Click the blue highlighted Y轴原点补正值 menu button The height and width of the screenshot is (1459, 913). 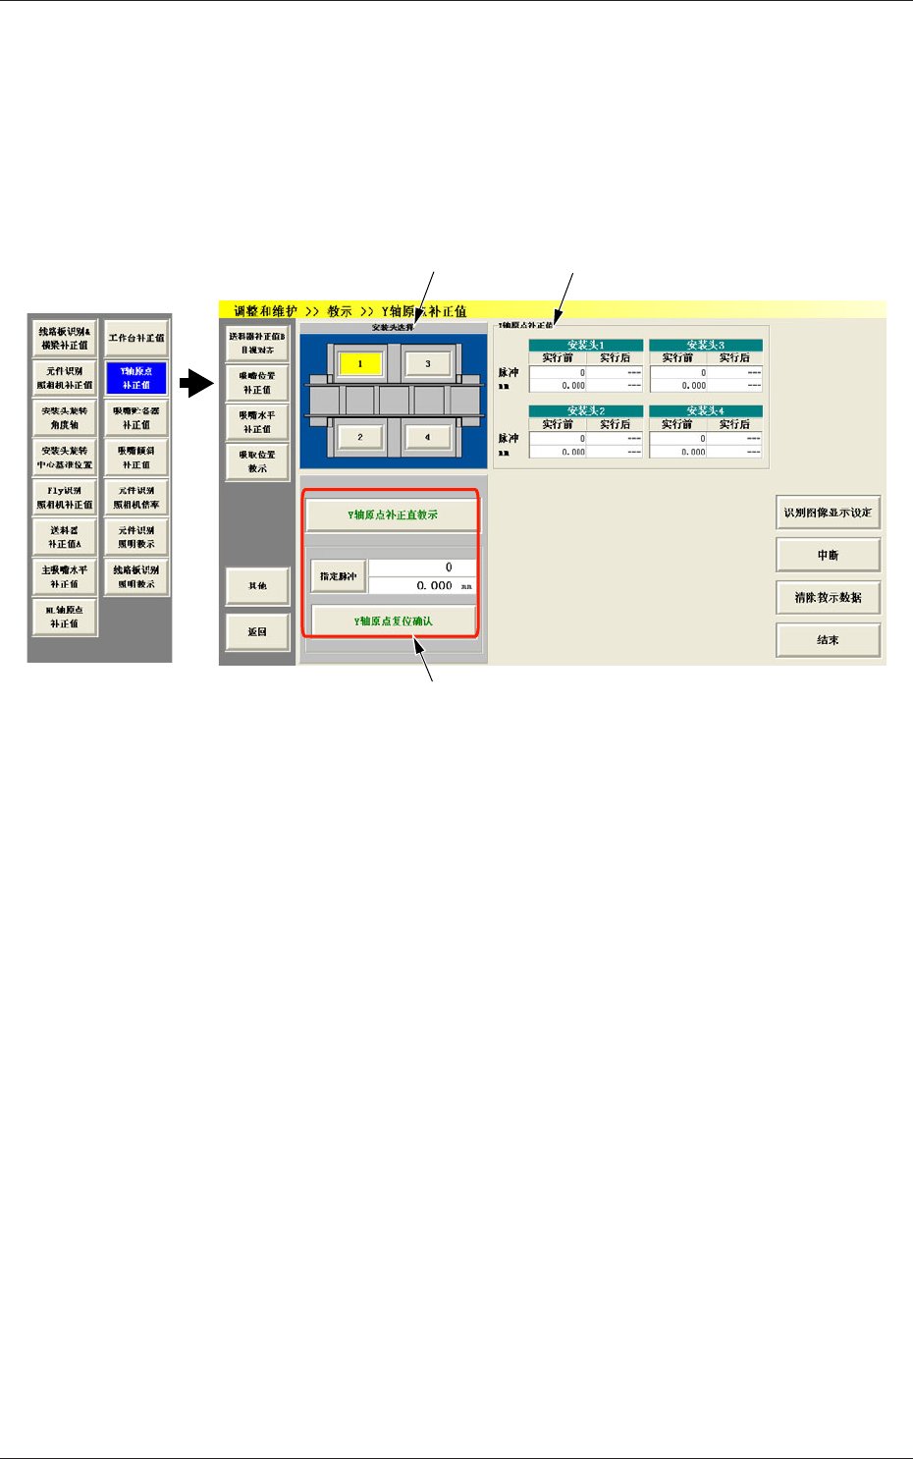[136, 378]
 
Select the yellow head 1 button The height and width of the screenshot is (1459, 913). [360, 364]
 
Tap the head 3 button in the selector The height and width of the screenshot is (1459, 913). [427, 364]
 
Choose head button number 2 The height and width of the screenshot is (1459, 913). [360, 437]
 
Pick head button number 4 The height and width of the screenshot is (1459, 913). [427, 437]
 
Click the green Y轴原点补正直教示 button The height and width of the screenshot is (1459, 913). [393, 514]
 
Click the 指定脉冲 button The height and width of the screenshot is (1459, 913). [339, 576]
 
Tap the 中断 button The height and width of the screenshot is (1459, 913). [828, 555]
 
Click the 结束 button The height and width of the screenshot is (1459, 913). [828, 640]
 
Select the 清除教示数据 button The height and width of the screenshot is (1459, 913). [828, 597]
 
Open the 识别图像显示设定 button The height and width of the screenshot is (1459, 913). [828, 513]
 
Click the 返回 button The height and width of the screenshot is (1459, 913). [257, 632]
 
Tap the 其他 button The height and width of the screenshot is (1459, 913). [257, 586]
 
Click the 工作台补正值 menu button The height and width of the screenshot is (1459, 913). [136, 338]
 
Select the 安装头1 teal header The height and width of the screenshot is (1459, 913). [586, 345]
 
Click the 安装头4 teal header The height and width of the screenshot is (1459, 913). [706, 411]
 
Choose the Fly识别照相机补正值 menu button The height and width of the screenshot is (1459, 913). [65, 498]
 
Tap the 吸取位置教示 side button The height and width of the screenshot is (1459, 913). [257, 461]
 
